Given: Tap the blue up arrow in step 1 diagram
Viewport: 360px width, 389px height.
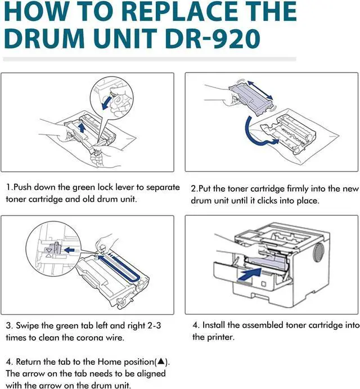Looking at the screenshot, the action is [82, 127].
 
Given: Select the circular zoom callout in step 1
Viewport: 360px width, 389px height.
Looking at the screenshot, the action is [111, 98].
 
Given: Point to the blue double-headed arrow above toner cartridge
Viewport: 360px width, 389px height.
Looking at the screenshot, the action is [260, 89].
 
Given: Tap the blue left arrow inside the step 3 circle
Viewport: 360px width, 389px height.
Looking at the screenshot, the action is [70, 250].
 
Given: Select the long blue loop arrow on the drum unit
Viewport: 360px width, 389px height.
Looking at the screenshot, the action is [118, 269].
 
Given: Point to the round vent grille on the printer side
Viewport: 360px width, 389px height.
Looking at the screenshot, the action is [318, 252].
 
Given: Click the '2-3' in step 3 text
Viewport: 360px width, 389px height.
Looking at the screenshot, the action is [155, 325].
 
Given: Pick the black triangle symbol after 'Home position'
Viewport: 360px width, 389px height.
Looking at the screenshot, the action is [161, 361].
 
